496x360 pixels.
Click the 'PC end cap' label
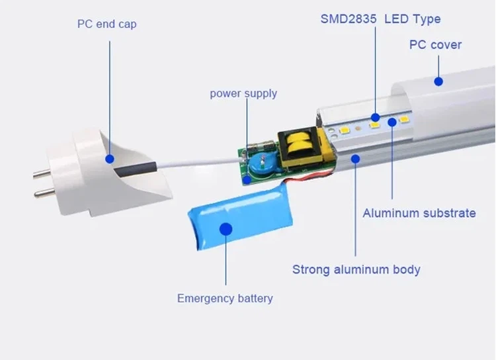[x=107, y=24]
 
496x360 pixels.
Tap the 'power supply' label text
[x=243, y=94]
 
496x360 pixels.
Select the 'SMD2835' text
[x=349, y=19]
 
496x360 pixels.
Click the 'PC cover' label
[x=435, y=45]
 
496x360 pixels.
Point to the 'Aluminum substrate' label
[x=419, y=213]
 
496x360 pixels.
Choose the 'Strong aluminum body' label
[x=356, y=270]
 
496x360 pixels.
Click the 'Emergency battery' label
[x=225, y=298]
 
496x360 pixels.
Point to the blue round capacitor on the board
[x=261, y=165]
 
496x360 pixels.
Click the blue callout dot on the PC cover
[x=438, y=81]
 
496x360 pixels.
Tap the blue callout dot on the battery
[x=226, y=229]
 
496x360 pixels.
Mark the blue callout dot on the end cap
[x=110, y=159]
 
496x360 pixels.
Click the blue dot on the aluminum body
[x=356, y=159]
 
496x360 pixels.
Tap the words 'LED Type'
[x=413, y=20]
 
